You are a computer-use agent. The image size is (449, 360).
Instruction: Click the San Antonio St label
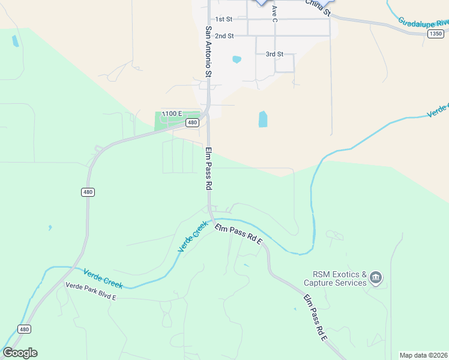coord(209,52)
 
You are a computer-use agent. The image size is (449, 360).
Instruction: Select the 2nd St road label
coord(224,36)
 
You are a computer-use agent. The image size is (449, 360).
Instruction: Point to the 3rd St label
coord(274,54)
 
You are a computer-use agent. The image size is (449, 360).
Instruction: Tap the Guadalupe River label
coord(423,23)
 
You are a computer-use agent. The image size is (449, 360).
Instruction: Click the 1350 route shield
coord(436,34)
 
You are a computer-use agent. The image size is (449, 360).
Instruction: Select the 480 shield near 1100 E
coord(192,122)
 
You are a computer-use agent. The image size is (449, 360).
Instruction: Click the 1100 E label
coord(172,113)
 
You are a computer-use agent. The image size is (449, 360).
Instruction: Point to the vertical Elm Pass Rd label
coord(209,169)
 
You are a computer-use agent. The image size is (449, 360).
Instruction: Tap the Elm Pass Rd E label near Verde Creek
coord(239,233)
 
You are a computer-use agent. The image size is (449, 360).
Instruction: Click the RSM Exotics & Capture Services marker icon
coord(376,277)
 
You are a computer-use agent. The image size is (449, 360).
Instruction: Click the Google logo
coord(20,353)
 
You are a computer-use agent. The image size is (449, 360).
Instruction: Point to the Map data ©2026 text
coord(424,355)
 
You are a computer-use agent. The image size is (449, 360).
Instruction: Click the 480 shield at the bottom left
coord(24,329)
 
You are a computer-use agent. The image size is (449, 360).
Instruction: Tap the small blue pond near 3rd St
coord(237,59)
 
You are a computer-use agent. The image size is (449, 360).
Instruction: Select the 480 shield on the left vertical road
coord(88,192)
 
